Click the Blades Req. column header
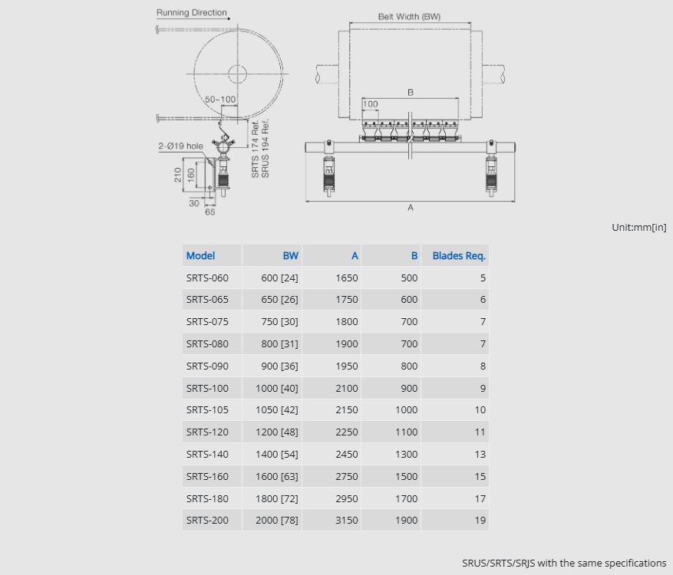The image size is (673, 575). pos(459,256)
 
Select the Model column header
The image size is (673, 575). pos(200,256)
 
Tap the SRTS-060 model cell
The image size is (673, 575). pos(207,278)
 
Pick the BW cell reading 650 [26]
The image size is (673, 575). pos(279,299)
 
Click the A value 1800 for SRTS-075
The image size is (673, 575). pos(346,321)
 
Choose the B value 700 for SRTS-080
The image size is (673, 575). pos(409,344)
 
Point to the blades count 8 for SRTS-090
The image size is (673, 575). pos(483,366)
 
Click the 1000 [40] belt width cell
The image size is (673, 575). pos(277,389)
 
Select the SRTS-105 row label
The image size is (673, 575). pos(207,410)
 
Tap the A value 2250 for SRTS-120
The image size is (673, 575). pos(346,432)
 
